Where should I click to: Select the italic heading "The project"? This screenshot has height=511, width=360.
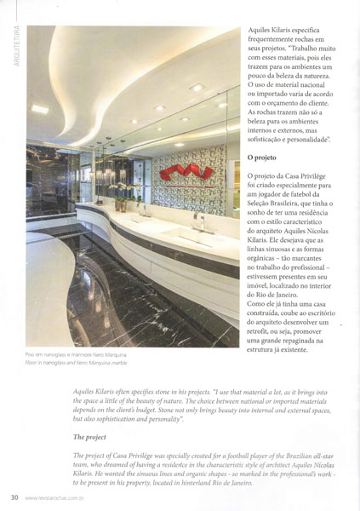point(95,437)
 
